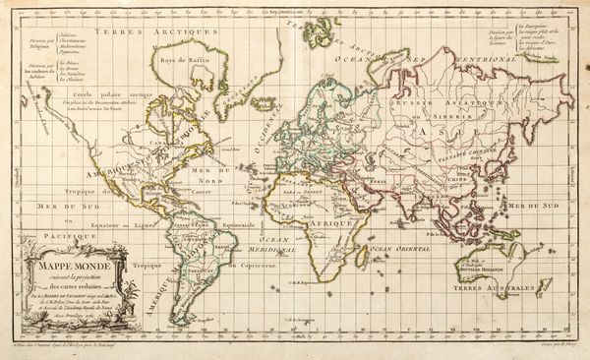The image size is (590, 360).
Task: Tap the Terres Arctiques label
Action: pyautogui.click(x=184, y=32)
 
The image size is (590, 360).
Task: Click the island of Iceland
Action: pyautogui.click(x=264, y=101)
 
